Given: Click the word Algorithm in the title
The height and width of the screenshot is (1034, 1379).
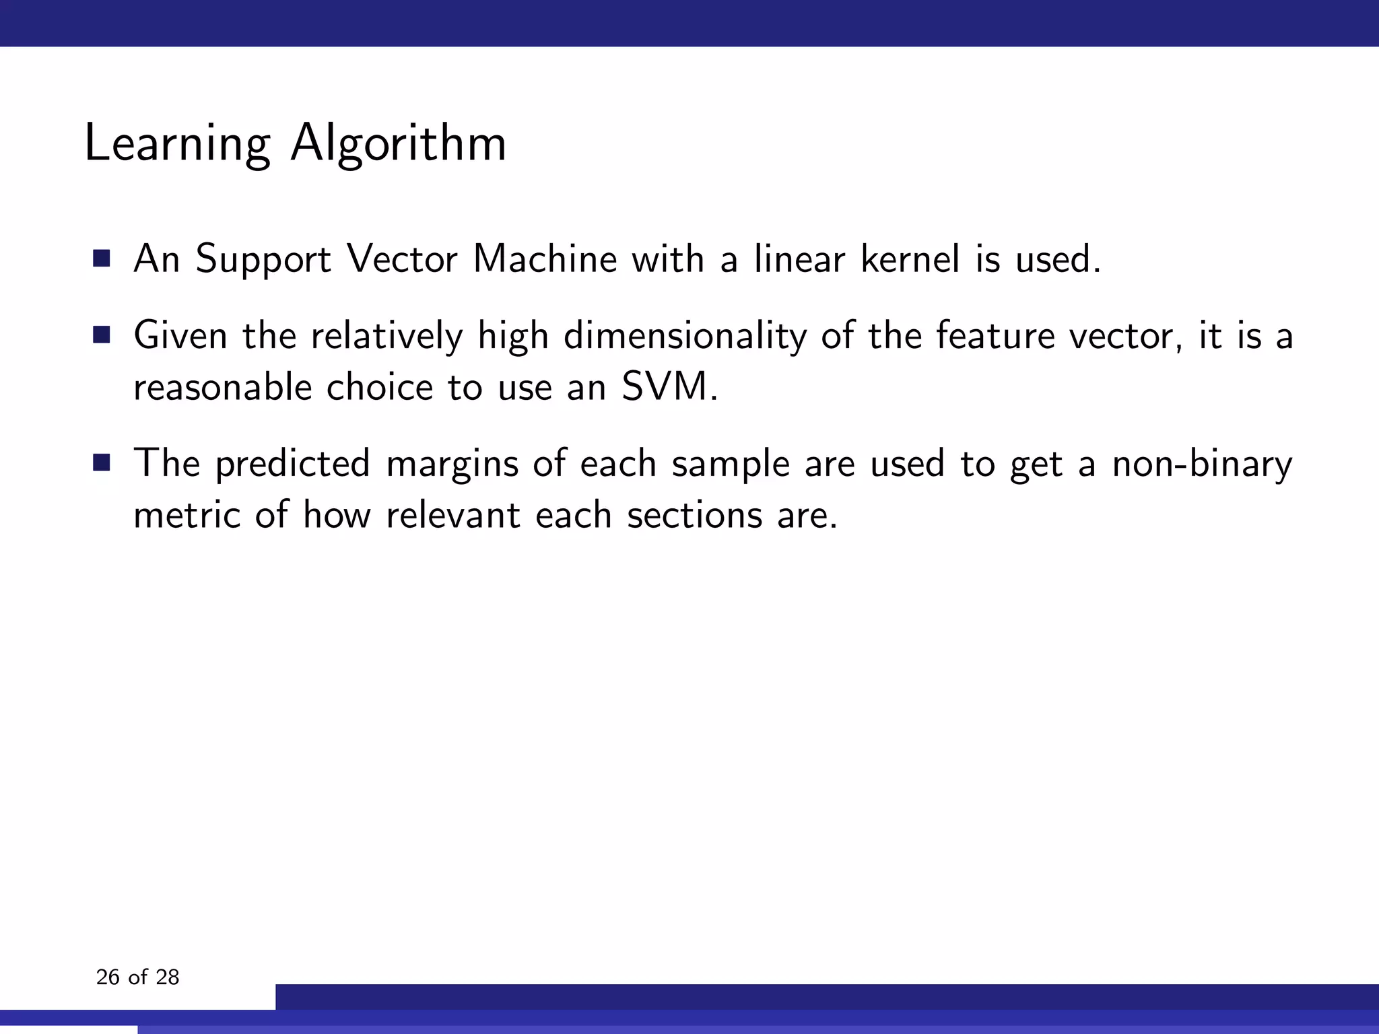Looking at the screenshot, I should click(398, 143).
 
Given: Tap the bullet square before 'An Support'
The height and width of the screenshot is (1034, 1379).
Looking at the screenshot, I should click(102, 258).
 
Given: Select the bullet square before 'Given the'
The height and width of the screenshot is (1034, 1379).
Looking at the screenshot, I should click(102, 335).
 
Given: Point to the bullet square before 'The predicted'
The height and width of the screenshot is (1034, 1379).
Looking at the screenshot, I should click(102, 463).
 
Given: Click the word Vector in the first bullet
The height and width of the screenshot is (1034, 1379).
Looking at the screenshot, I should click(402, 258).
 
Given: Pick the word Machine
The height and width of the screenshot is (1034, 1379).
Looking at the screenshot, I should click(545, 258).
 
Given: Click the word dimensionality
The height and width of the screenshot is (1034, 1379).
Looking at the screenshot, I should click(685, 335).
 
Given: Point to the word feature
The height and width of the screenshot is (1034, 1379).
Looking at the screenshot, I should click(995, 335).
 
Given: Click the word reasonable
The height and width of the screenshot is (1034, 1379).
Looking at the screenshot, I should click(222, 387).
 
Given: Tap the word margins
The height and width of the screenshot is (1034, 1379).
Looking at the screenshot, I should click(452, 464).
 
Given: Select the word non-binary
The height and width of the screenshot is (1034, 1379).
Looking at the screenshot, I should click(1202, 464).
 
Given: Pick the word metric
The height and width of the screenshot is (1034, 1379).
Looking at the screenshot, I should click(187, 515).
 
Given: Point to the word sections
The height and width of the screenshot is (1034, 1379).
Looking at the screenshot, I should click(694, 515).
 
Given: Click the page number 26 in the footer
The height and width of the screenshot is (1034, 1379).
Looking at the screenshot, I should click(108, 977).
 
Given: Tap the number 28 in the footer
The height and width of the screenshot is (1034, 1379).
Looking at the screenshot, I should click(167, 977).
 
